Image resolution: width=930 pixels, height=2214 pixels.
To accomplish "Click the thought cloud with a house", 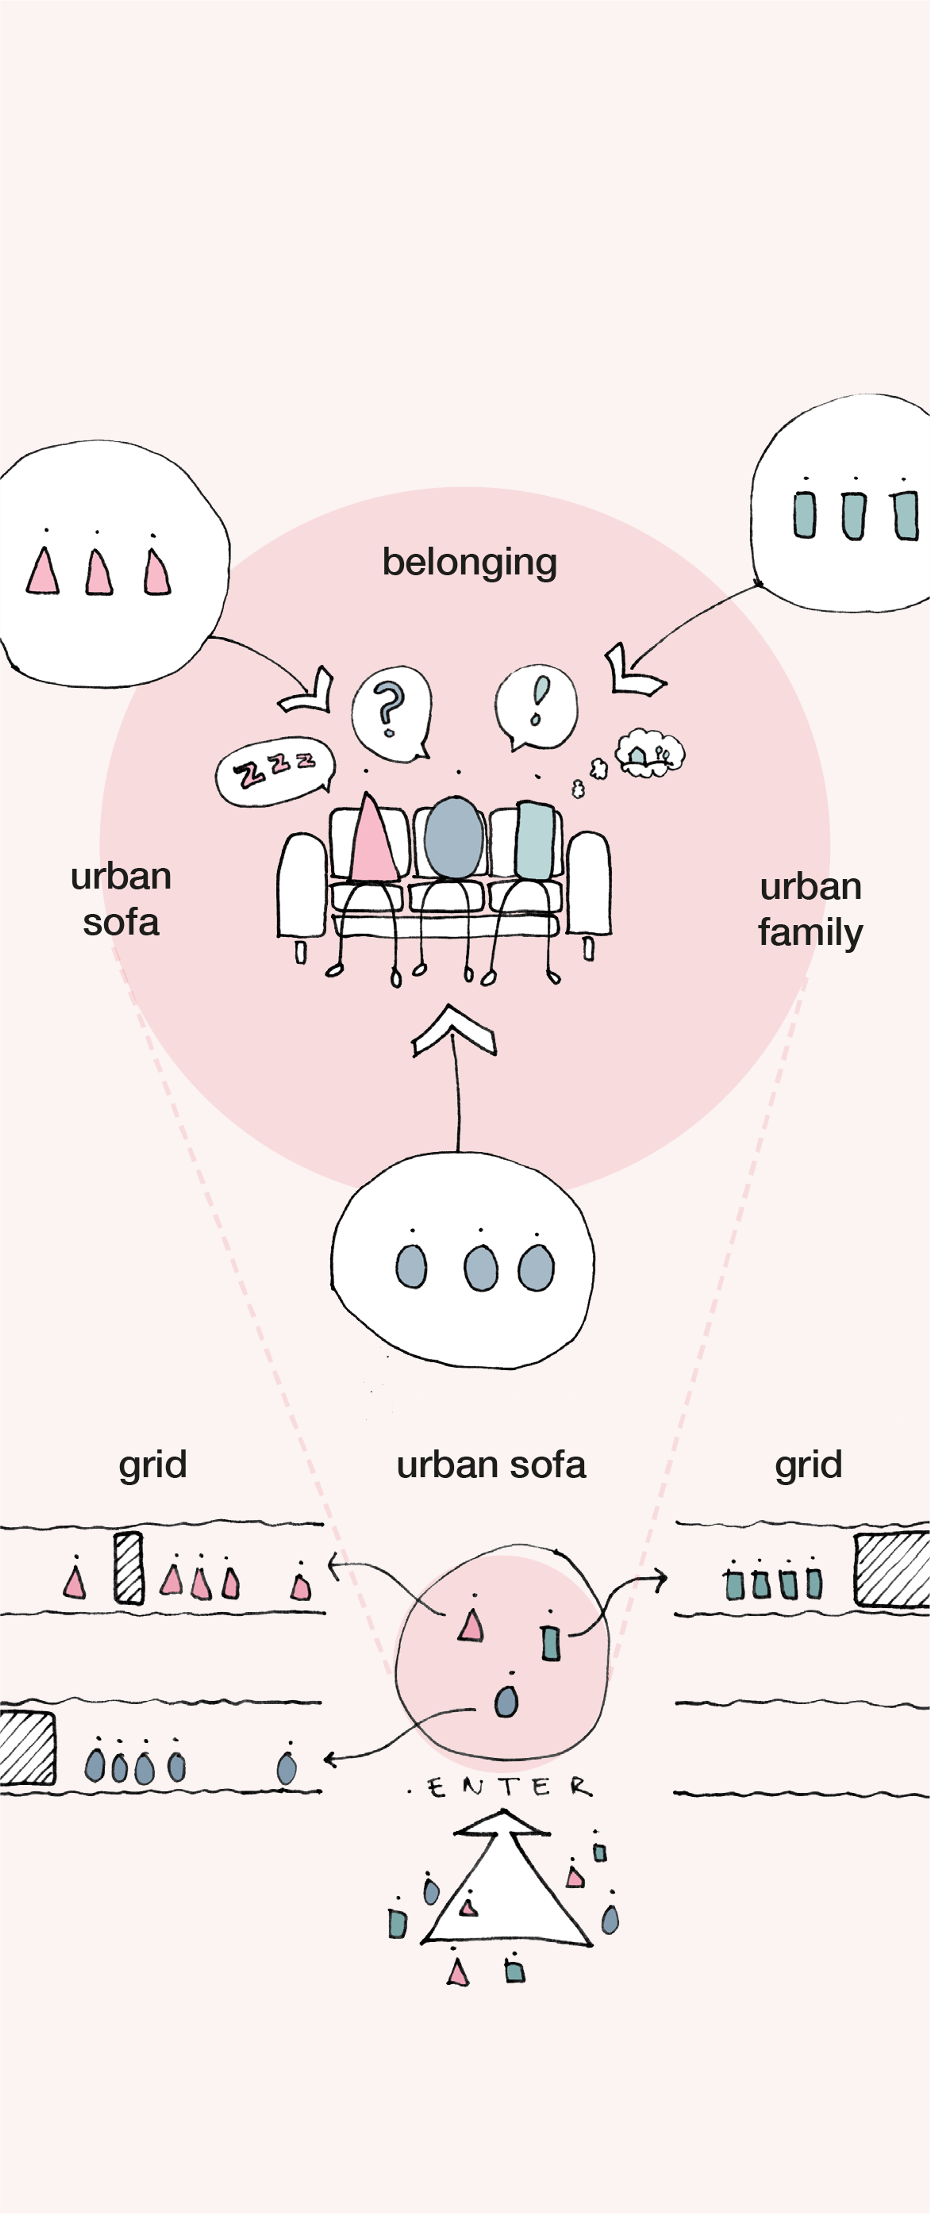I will click(x=651, y=753).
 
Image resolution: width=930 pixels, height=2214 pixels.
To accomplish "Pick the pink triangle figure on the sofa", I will click(x=371, y=840).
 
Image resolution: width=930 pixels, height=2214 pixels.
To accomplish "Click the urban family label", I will click(x=810, y=909).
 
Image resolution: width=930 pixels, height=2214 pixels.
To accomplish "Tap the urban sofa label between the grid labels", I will click(x=491, y=1465).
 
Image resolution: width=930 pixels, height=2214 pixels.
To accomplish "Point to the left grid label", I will click(x=152, y=1465).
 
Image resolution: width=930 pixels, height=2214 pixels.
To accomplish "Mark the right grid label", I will click(x=808, y=1465).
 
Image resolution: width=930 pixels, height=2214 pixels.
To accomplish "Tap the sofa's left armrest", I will click(x=301, y=885).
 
